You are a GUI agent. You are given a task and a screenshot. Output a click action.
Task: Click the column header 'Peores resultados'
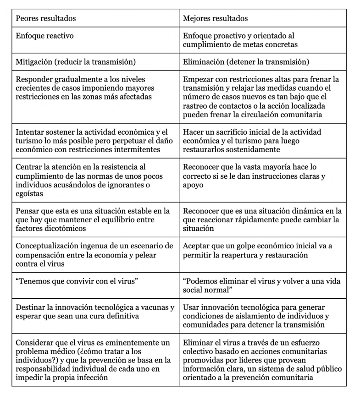(46, 19)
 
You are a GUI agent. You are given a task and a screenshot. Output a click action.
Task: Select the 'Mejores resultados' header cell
(215, 19)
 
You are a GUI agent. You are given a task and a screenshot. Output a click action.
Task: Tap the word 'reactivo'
(59, 35)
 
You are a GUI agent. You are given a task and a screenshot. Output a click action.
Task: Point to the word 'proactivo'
(232, 35)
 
